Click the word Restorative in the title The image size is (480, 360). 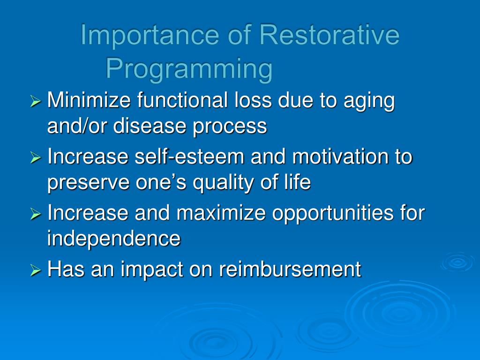point(330,35)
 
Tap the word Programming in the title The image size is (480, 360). point(189,69)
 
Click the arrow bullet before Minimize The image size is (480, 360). point(36,101)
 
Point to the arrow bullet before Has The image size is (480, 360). point(36,270)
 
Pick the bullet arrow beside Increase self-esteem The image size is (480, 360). point(36,157)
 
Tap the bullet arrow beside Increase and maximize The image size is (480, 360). point(36,214)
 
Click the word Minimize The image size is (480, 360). point(89,100)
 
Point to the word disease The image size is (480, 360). point(150,126)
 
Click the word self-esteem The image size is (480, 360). point(189,156)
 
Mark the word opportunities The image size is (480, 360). point(333,214)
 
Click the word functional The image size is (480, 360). point(182,100)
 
